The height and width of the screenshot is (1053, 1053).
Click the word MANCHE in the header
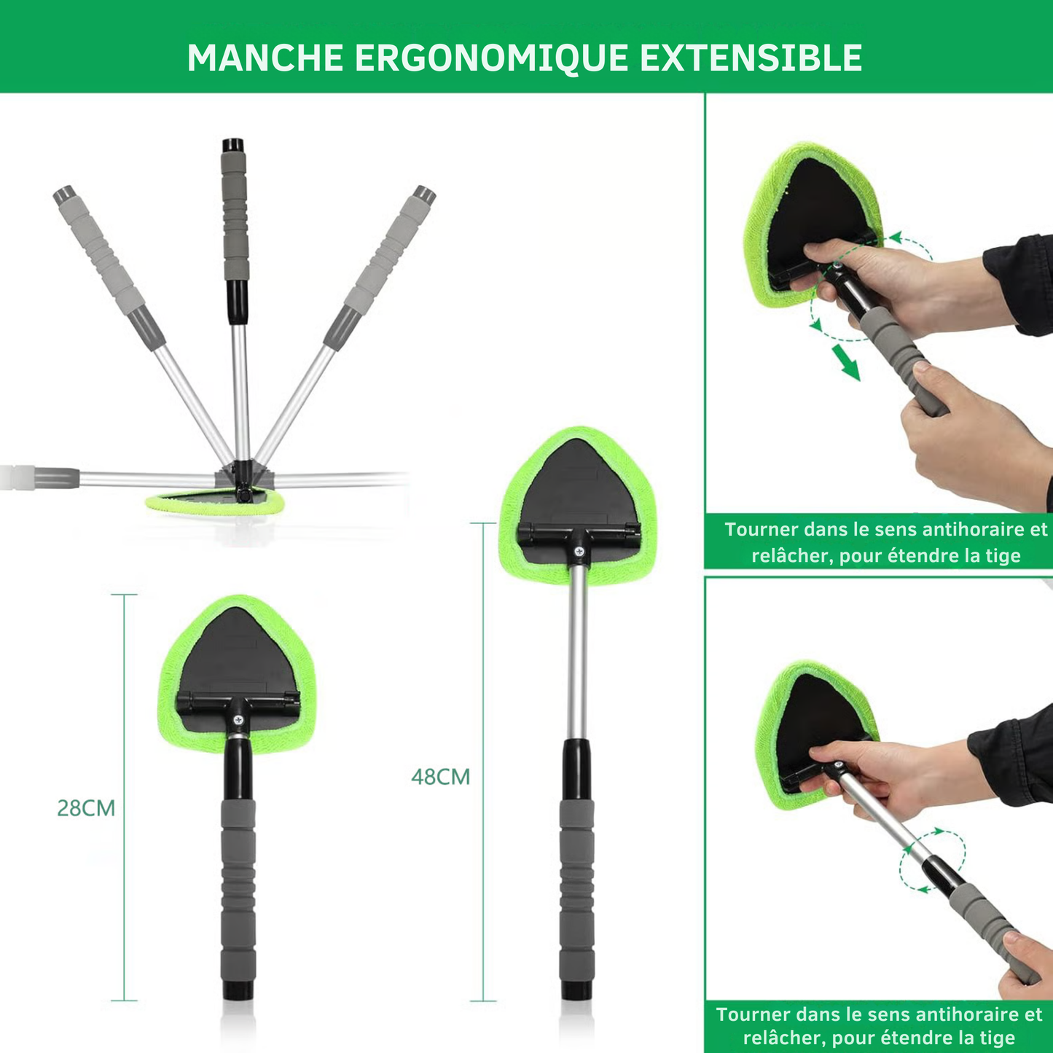[x=265, y=58]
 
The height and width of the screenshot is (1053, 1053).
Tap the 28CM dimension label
[x=86, y=808]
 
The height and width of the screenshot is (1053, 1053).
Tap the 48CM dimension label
[x=440, y=777]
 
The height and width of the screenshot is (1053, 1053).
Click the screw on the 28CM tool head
[x=238, y=720]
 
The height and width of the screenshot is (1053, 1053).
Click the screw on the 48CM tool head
[x=579, y=552]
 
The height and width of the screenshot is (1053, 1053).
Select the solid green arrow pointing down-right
[x=846, y=361]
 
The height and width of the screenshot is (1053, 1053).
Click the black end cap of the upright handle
[x=233, y=144]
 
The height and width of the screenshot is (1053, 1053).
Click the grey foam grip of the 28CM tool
[x=238, y=889]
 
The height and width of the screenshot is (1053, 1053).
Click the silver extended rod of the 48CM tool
[x=577, y=649]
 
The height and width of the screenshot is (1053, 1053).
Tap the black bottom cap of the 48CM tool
[x=576, y=990]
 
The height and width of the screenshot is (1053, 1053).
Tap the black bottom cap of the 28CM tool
[x=238, y=990]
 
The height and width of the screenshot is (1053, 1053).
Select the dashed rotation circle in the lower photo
[x=933, y=860]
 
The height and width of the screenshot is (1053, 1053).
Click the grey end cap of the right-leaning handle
[x=423, y=195]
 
